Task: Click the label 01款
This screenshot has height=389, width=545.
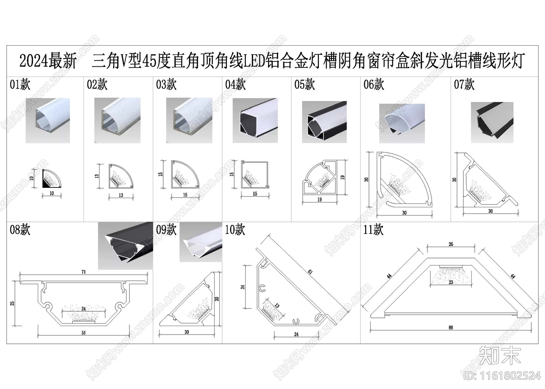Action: tap(20, 84)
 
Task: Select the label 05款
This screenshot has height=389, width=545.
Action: tap(305, 84)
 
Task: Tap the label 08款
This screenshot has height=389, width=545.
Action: tap(20, 229)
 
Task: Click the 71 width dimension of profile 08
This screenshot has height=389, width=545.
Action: tap(83, 272)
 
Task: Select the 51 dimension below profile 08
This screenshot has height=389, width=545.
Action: tap(83, 333)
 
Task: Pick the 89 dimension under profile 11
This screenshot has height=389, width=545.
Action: tap(451, 328)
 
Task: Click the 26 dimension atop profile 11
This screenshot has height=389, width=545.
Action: tap(451, 244)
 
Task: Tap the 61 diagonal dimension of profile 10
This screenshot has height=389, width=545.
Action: tap(310, 272)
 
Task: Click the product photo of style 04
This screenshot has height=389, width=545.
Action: tap(255, 120)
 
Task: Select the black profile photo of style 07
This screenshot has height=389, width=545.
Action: tap(492, 122)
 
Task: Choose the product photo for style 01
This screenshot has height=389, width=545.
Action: tap(48, 120)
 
